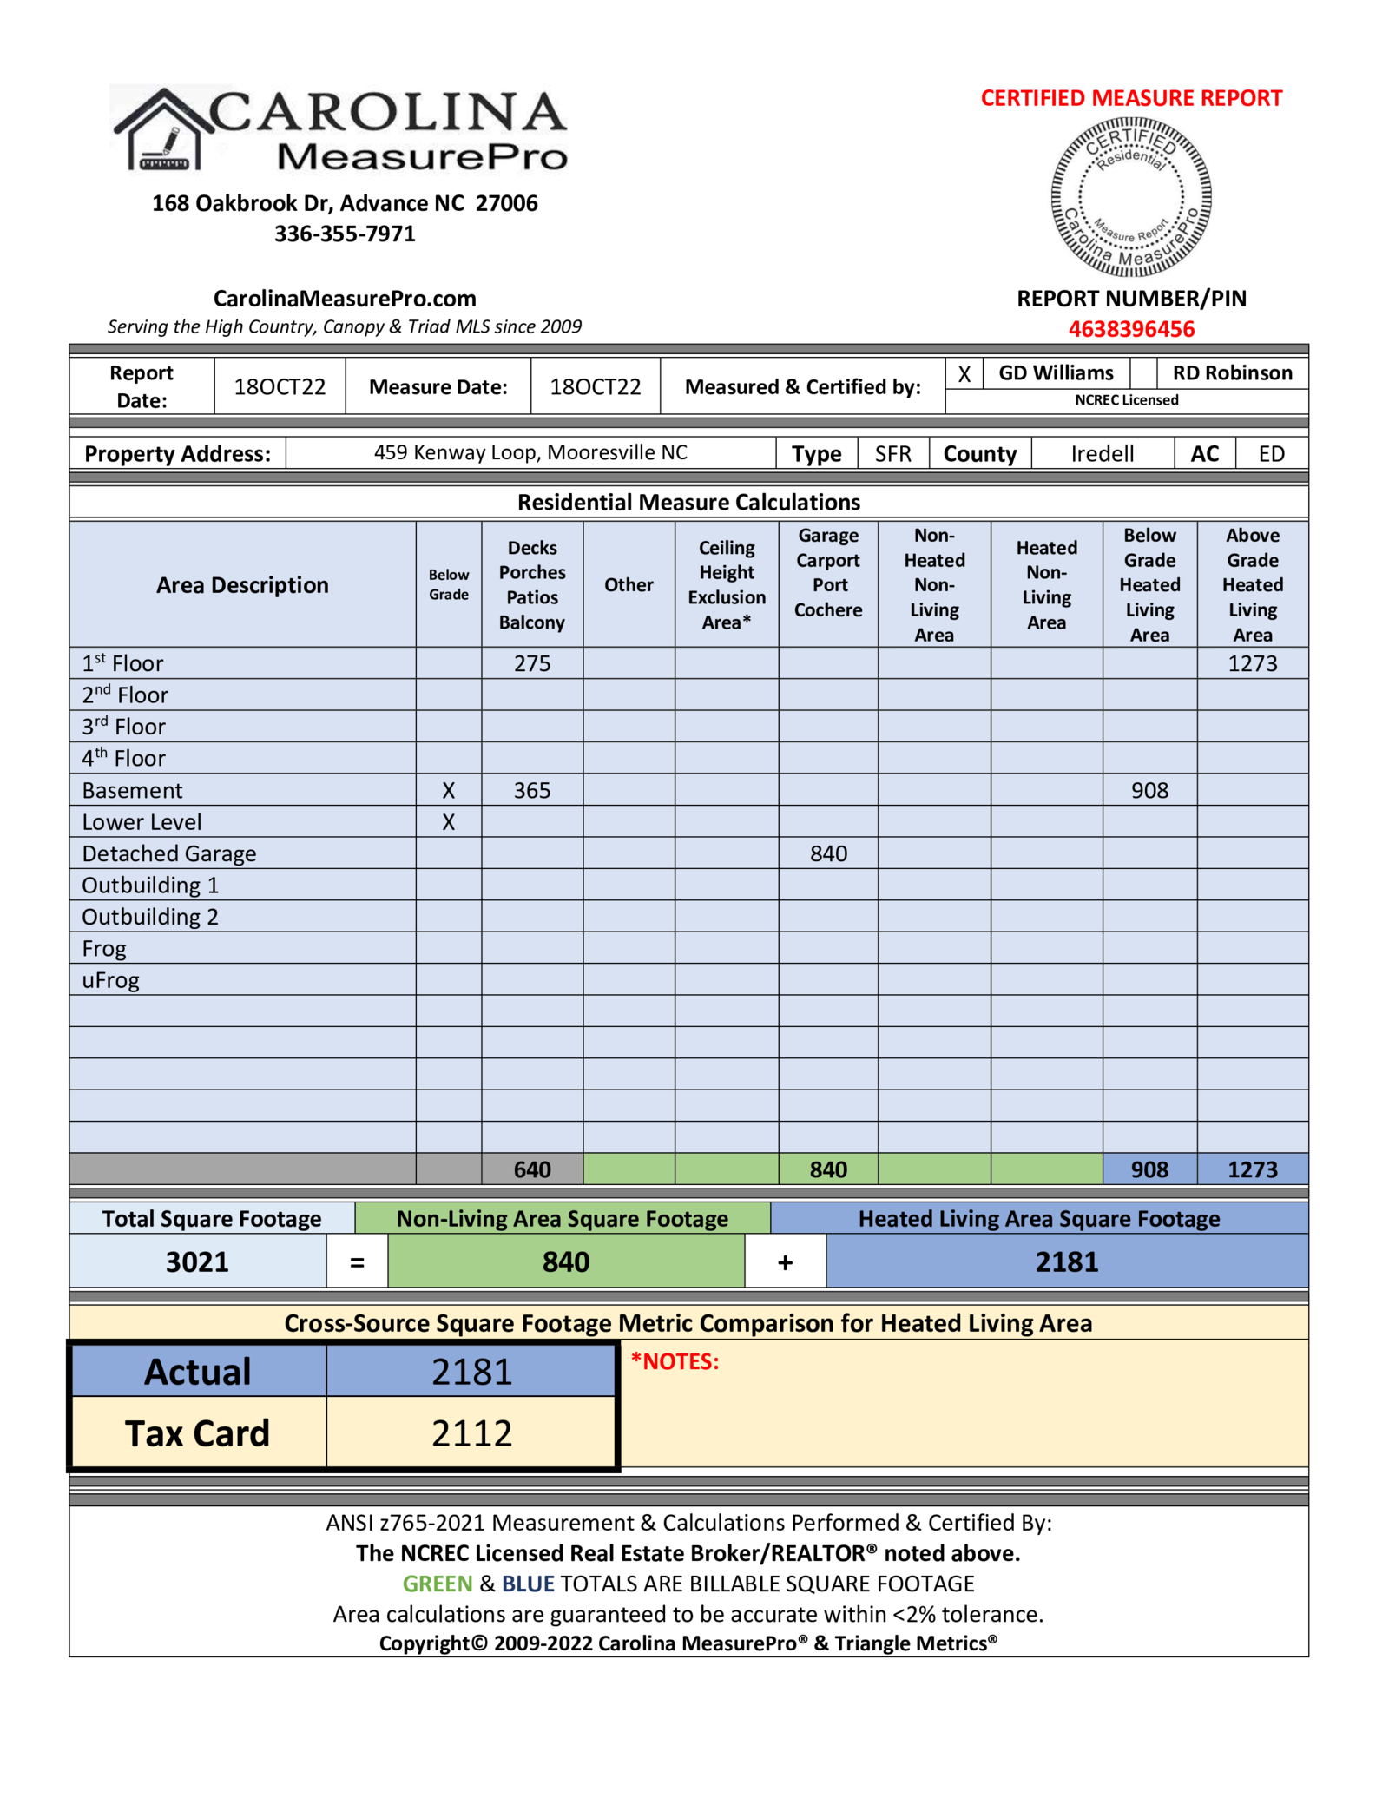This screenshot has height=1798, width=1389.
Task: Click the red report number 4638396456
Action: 1130,329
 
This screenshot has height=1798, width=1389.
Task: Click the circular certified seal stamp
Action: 1130,197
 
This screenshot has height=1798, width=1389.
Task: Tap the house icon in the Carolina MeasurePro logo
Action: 164,131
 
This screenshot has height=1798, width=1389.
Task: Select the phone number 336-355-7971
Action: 345,234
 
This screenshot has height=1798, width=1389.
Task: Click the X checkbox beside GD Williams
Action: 964,373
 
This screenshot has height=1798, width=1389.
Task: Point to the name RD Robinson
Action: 1232,373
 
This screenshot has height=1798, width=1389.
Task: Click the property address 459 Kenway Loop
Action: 530,452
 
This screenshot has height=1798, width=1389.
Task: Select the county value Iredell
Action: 1102,454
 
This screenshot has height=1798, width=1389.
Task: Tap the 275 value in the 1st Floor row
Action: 532,663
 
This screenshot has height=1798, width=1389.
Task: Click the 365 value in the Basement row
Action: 532,790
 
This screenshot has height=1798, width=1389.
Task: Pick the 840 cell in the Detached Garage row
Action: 828,853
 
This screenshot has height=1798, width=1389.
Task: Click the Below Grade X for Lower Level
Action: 448,822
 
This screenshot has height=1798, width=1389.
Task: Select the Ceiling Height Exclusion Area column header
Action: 727,584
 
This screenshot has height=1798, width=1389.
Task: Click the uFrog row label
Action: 110,980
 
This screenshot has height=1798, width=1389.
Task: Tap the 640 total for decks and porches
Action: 532,1169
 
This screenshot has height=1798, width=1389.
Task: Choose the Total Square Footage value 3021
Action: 197,1261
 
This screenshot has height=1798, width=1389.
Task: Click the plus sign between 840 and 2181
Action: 785,1262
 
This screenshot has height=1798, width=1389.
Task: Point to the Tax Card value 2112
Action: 471,1433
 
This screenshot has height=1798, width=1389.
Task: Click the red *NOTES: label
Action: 675,1361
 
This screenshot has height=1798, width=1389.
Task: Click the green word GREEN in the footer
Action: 437,1584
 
